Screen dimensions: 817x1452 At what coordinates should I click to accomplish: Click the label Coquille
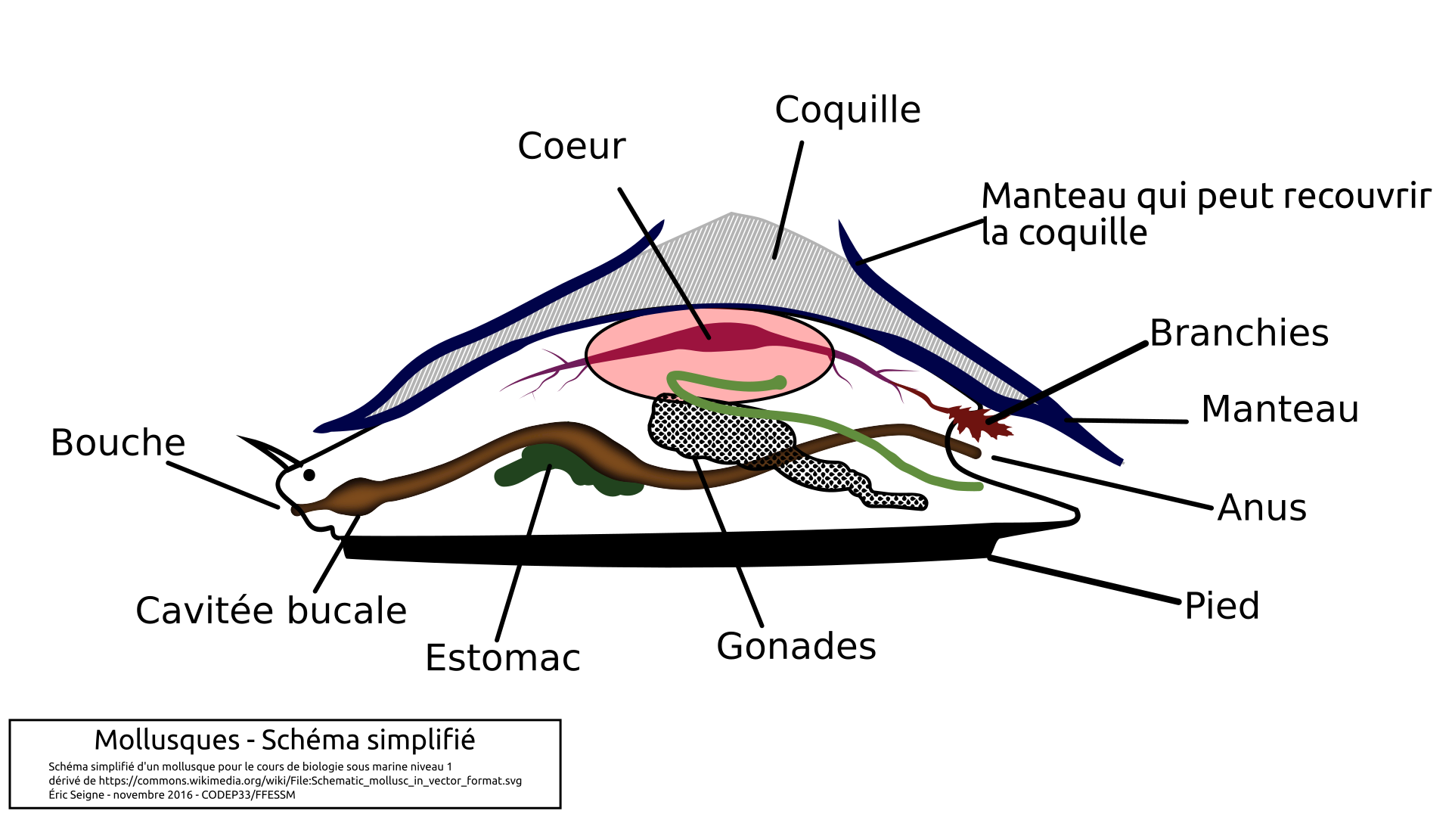pyautogui.click(x=847, y=110)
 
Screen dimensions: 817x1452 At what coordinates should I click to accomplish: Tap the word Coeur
pyautogui.click(x=572, y=146)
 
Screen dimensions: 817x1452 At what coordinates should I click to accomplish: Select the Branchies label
pyautogui.click(x=1239, y=333)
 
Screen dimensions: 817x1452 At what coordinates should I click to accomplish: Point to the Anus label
pyautogui.click(x=1262, y=508)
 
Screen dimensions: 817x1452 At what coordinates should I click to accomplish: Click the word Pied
pyautogui.click(x=1222, y=606)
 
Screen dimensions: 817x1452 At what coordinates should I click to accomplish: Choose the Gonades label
pyautogui.click(x=796, y=647)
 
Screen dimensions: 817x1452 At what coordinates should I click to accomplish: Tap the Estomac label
pyautogui.click(x=503, y=658)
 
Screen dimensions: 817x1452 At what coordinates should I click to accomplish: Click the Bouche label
pyautogui.click(x=118, y=443)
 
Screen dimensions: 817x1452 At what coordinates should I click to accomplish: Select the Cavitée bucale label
pyautogui.click(x=271, y=611)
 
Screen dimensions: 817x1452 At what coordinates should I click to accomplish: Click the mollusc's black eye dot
pyautogui.click(x=309, y=475)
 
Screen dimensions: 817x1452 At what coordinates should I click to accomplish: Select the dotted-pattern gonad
pyautogui.click(x=718, y=431)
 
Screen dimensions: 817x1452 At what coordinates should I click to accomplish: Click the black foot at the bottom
pyautogui.click(x=665, y=550)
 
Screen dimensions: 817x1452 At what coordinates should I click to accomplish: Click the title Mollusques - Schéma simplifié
pyautogui.click(x=284, y=740)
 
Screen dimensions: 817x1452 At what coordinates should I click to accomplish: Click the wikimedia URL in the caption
pyautogui.click(x=310, y=781)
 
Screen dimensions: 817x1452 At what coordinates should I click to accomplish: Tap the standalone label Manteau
pyautogui.click(x=1280, y=409)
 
